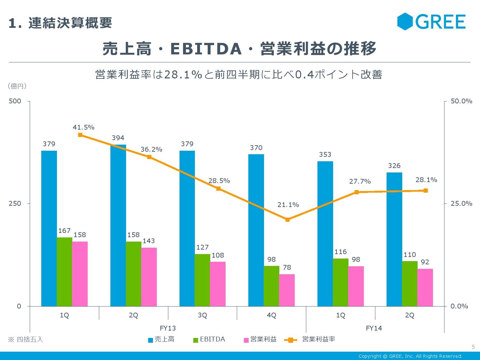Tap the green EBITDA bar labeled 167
pos(64,272)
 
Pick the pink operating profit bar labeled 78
pos(287,290)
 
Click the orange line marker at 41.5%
pos(80,135)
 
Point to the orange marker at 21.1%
pos(287,220)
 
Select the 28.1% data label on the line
pos(426,180)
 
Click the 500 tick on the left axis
pos(15,101)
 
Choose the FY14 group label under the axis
pos(374,328)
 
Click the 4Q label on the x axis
pos(271,315)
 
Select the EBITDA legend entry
pos(209,340)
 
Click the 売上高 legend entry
pos(161,340)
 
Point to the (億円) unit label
pos(17,86)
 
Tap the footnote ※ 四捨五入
pos(25,340)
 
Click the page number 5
pos(473,347)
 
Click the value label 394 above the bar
pos(118,138)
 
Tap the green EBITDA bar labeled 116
pos(340,282)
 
